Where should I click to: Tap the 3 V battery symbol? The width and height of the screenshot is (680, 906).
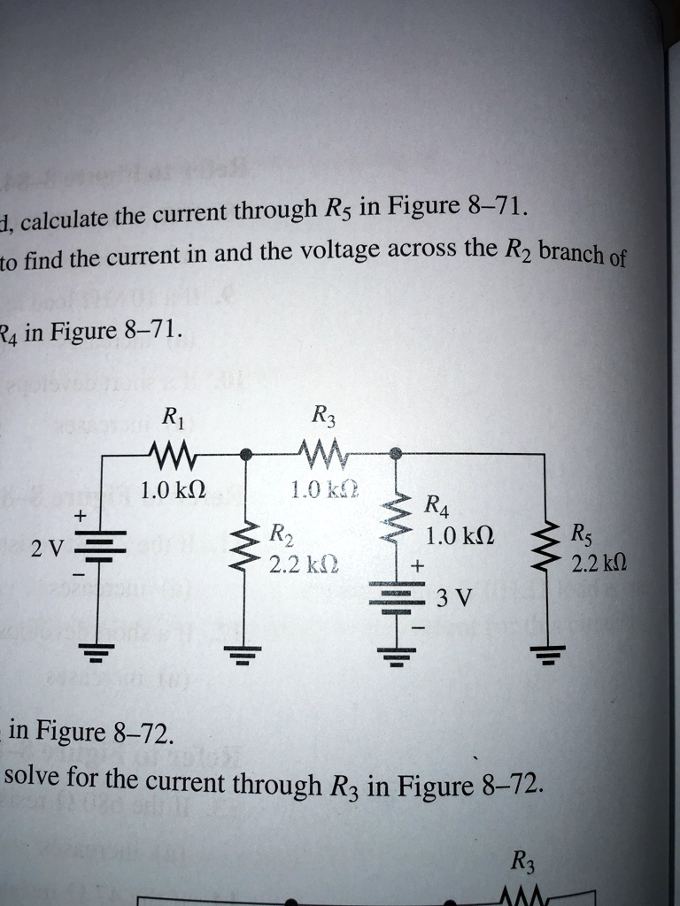396,592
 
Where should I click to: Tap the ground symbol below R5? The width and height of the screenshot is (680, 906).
545,656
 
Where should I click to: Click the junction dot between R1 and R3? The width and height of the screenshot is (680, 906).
246,454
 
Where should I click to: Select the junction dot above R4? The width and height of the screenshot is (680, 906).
396,453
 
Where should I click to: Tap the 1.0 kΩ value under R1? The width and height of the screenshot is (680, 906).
174,488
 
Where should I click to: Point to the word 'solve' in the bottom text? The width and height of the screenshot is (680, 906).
31,779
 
